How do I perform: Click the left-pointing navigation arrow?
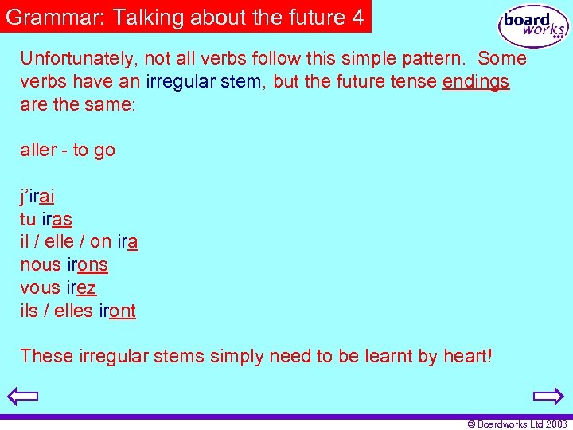click(22, 396)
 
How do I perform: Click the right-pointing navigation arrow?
click(548, 396)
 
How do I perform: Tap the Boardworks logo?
click(532, 26)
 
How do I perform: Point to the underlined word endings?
click(476, 81)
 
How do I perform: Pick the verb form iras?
click(57, 219)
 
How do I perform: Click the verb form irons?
click(87, 264)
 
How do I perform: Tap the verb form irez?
click(81, 287)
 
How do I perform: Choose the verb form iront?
click(117, 311)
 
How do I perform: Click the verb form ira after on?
click(127, 241)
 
